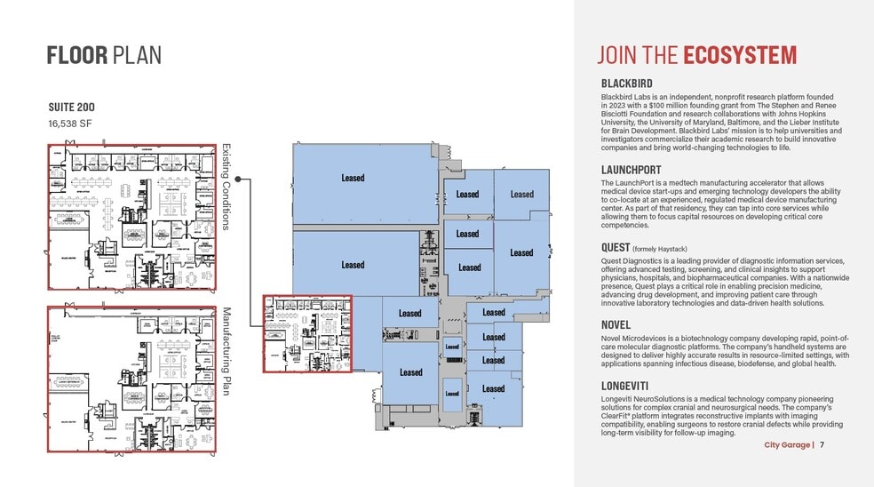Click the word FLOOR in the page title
tap(77, 55)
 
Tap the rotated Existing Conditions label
tap(226, 187)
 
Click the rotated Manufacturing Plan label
tap(226, 351)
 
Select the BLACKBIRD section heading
tap(627, 84)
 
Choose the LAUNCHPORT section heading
tap(632, 169)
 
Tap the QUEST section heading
tap(616, 247)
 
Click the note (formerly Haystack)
tap(660, 249)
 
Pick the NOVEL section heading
tap(616, 325)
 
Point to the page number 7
tap(822, 445)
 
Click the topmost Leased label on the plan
tap(353, 178)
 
